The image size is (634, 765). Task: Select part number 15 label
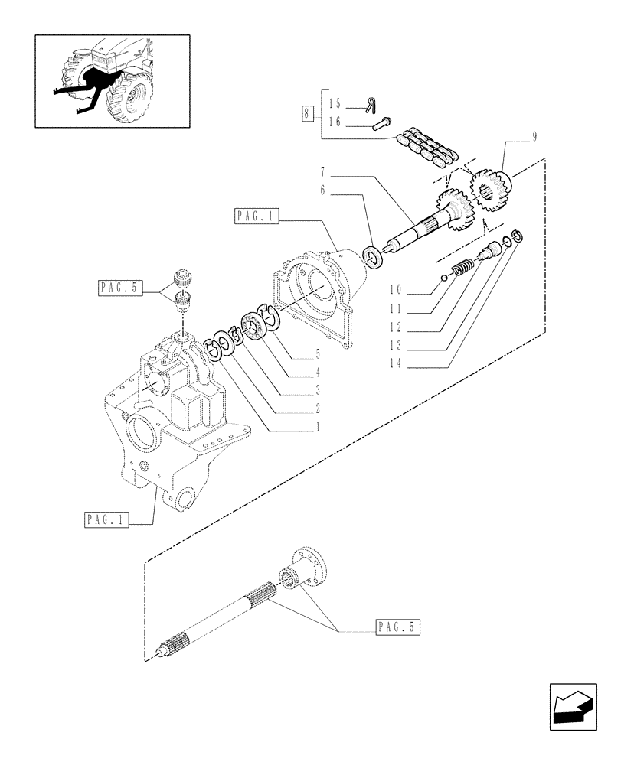(x=334, y=103)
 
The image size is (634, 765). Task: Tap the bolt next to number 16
(x=382, y=122)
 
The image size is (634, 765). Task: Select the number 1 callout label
(x=316, y=428)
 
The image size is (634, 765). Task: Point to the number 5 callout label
(x=316, y=355)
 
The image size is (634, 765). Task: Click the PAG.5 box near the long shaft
(x=398, y=628)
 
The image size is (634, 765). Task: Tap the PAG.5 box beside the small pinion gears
(x=119, y=288)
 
